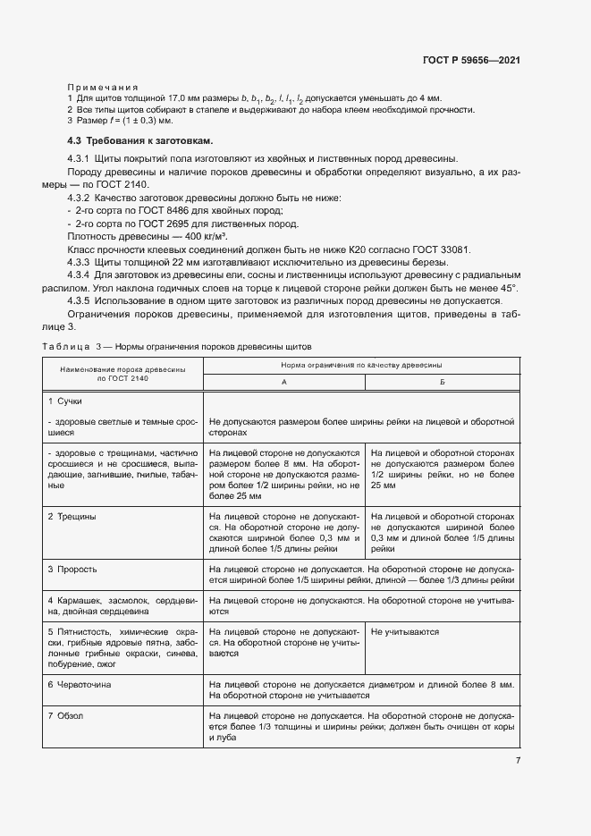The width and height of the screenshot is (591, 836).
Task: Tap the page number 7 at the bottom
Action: (518, 760)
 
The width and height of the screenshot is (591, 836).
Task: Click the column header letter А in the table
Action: (284, 381)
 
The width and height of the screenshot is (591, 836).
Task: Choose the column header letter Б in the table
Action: (442, 381)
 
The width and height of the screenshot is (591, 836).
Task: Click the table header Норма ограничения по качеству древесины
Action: (361, 365)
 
